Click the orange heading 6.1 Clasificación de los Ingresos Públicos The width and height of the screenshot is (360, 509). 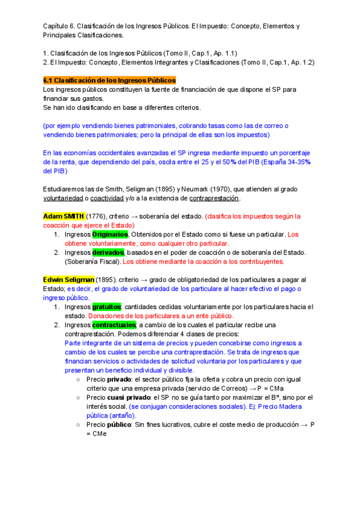[x=109, y=80]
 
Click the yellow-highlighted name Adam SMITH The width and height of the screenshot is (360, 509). [x=64, y=215]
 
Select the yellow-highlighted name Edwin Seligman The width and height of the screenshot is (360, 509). [x=68, y=279]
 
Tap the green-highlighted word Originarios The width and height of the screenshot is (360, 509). [x=110, y=234]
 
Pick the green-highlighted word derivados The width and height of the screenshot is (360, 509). [x=108, y=252]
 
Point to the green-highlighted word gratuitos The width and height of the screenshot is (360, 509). [x=106, y=307]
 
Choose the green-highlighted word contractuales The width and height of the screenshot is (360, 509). [x=114, y=325]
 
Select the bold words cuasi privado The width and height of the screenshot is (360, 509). [x=129, y=397]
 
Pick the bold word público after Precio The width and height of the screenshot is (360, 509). [x=119, y=424]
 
